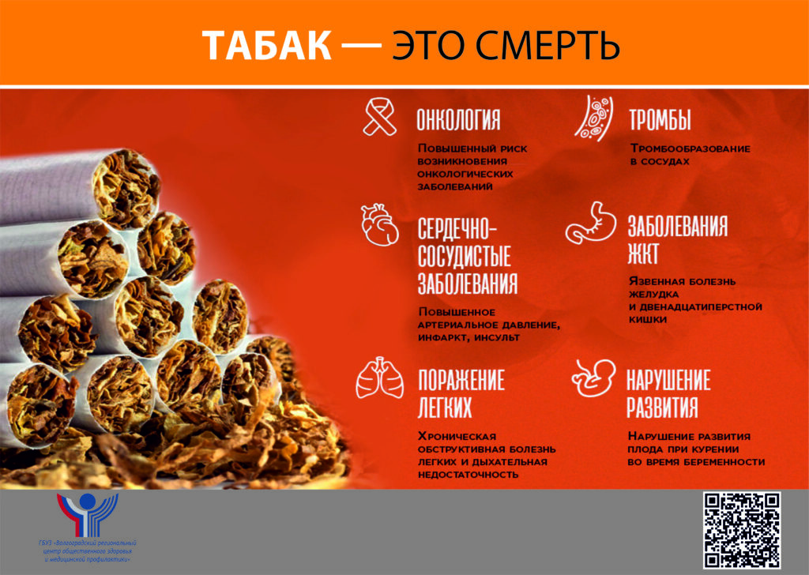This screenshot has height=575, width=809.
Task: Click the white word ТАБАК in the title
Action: (x=266, y=46)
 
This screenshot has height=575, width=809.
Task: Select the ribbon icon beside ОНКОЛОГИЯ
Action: (x=380, y=118)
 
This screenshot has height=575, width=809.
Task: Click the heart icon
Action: (x=380, y=225)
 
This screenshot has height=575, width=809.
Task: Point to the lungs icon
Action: (x=380, y=378)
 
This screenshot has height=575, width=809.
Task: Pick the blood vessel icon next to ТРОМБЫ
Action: (x=594, y=118)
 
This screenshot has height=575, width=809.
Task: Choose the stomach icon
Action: (x=591, y=223)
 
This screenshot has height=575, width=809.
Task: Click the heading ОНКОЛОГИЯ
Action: (x=459, y=119)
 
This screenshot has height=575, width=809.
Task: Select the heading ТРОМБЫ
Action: (x=660, y=119)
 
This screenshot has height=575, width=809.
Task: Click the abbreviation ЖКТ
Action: (x=643, y=254)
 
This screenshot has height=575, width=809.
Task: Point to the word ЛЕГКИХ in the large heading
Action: (x=445, y=407)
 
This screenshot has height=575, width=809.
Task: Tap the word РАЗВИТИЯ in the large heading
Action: (x=663, y=407)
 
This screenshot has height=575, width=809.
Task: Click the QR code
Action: (x=742, y=530)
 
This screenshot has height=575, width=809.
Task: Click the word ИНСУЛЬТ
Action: (x=498, y=338)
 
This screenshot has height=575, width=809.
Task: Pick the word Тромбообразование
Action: (x=690, y=148)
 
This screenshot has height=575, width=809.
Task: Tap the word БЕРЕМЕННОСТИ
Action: (x=728, y=462)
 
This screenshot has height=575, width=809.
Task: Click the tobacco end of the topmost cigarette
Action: (x=126, y=188)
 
